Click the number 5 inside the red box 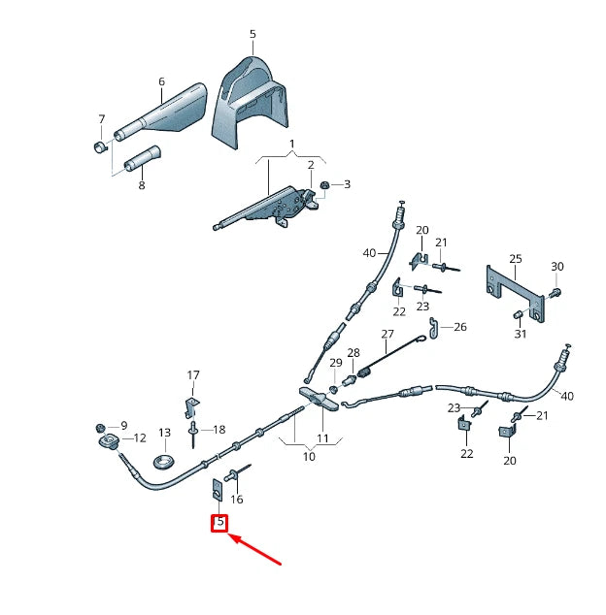click(x=219, y=522)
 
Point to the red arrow click(x=256, y=549)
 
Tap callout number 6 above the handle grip click(x=161, y=82)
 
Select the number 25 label click(x=516, y=259)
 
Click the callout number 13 click(x=164, y=433)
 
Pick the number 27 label click(x=388, y=335)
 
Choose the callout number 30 click(x=556, y=267)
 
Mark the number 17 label click(x=193, y=375)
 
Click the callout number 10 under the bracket click(x=309, y=456)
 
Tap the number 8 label click(x=141, y=185)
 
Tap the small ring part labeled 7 click(x=99, y=147)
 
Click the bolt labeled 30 click(x=555, y=290)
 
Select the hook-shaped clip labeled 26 click(x=436, y=330)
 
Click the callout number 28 click(x=353, y=353)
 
